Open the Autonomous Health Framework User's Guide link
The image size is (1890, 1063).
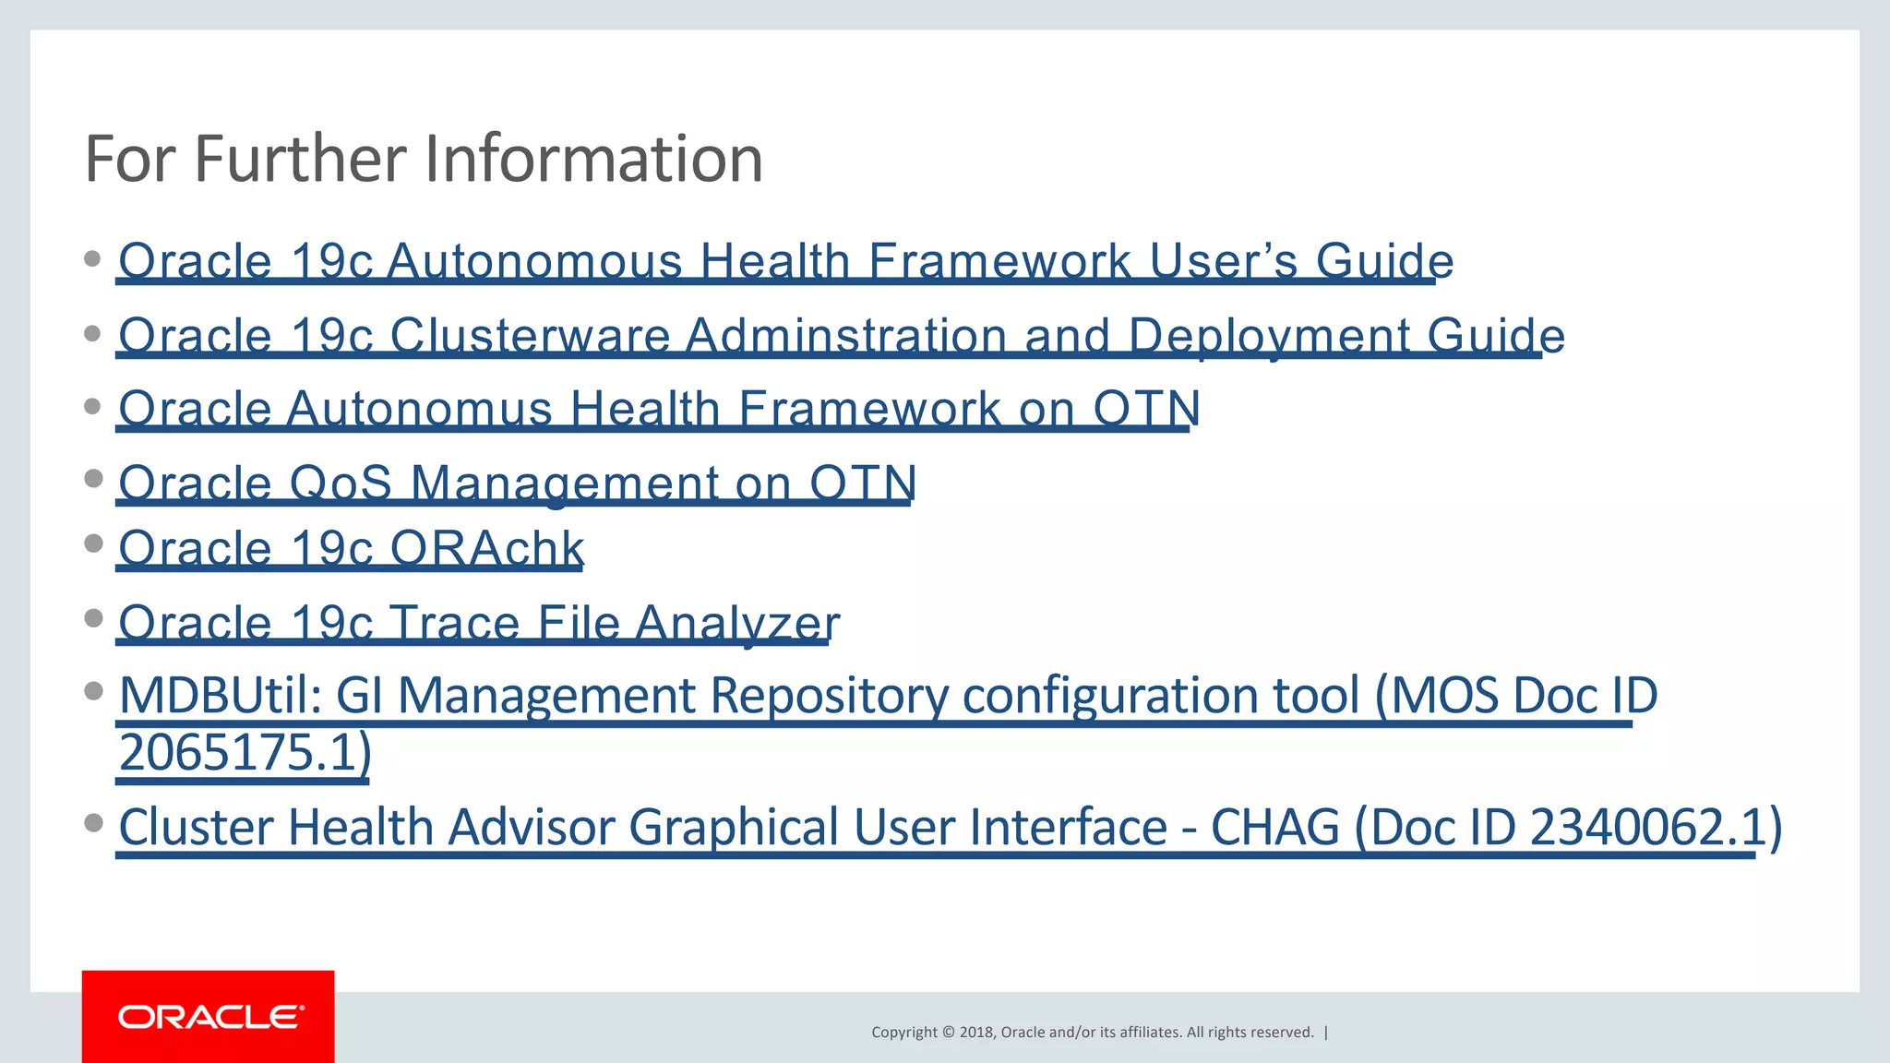tap(784, 260)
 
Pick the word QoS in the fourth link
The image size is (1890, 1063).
tap(341, 483)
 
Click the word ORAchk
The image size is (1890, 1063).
tap(486, 548)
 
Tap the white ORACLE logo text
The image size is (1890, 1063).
tap(209, 1017)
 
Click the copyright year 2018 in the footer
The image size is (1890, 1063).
tap(976, 1033)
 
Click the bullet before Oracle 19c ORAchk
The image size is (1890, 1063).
tap(92, 543)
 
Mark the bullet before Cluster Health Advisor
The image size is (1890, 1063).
tap(92, 822)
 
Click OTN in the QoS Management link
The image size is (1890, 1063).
tap(862, 483)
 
